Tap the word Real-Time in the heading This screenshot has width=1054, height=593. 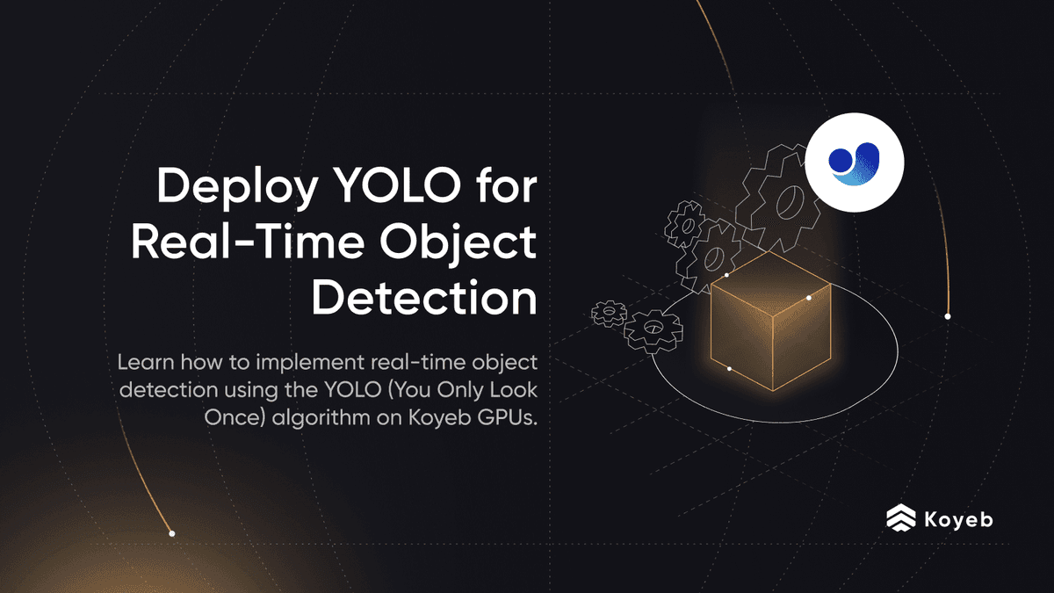point(245,243)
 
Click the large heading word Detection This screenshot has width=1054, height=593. point(424,298)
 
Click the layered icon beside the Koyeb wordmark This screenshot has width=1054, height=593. point(900,519)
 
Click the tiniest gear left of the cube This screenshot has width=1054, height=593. point(609,312)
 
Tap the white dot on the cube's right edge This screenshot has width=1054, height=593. point(808,298)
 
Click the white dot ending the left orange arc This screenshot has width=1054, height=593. point(172,533)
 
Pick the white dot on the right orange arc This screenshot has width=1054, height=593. point(947,315)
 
